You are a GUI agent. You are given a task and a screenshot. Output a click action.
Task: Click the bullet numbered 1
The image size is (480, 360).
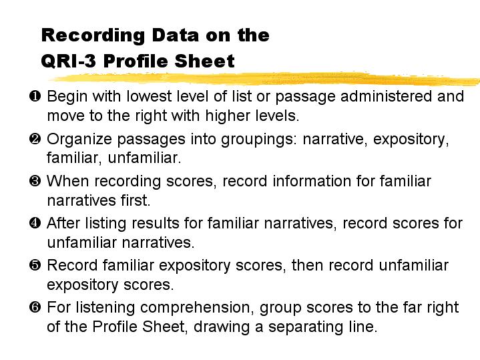tap(35, 96)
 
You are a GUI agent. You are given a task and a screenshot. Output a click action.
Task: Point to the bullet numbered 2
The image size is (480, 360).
tap(35, 139)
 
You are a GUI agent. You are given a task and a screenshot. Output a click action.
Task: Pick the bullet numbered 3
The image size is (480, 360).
tap(35, 181)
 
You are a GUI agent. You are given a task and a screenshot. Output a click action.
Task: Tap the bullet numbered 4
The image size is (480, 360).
tap(35, 222)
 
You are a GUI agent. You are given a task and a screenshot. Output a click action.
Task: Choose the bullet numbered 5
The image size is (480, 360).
tap(35, 265)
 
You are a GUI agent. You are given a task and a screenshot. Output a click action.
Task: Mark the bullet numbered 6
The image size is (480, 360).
tap(35, 307)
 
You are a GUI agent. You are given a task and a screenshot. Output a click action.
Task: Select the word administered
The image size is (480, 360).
tap(386, 96)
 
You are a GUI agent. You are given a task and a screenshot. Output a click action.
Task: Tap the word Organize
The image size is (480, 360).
tap(79, 139)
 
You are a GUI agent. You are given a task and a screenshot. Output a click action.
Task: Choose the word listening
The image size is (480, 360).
tap(105, 308)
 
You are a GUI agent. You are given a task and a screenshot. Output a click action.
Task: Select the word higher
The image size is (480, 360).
tap(226, 116)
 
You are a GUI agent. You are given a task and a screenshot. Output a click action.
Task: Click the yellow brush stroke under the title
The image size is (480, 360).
tap(265, 79)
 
